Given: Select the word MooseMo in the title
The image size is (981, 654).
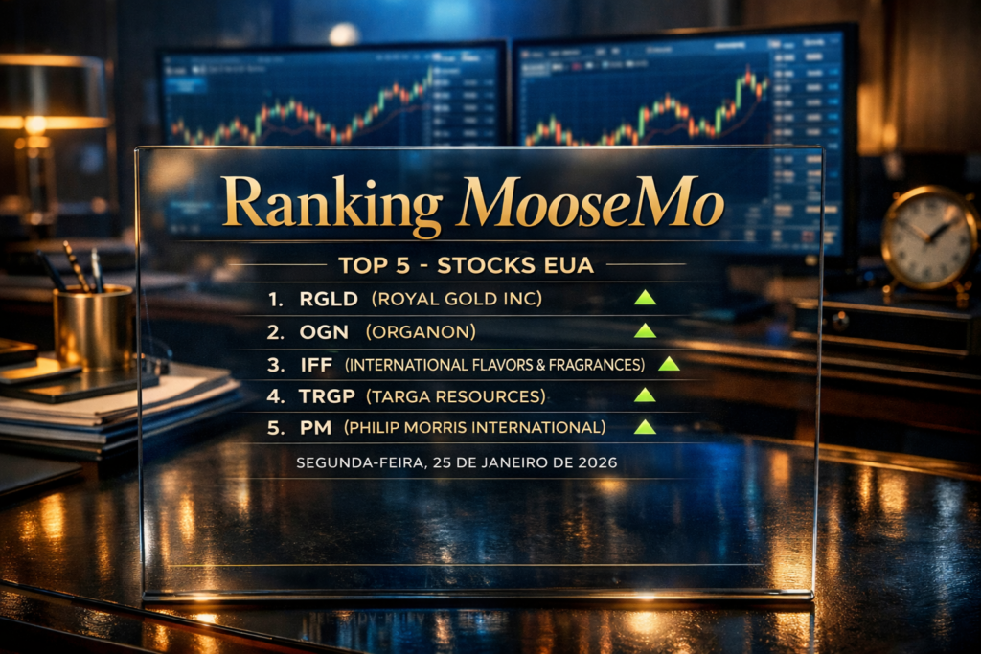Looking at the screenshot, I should click(591, 204).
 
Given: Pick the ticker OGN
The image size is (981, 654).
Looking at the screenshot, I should click(323, 331).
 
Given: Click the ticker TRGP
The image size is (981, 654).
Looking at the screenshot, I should click(328, 395).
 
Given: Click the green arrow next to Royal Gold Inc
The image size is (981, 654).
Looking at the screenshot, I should click(645, 298).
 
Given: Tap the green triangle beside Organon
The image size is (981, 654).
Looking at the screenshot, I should click(645, 330).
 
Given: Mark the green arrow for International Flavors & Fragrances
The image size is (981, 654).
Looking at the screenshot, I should click(669, 363).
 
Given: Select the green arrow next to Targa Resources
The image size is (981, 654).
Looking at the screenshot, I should click(645, 395).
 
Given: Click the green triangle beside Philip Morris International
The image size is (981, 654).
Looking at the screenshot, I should click(645, 427).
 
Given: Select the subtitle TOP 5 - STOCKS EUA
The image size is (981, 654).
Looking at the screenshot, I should click(466, 265).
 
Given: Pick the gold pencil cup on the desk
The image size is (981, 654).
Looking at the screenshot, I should click(93, 328).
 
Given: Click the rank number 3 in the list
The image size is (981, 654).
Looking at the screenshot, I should click(276, 364).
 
